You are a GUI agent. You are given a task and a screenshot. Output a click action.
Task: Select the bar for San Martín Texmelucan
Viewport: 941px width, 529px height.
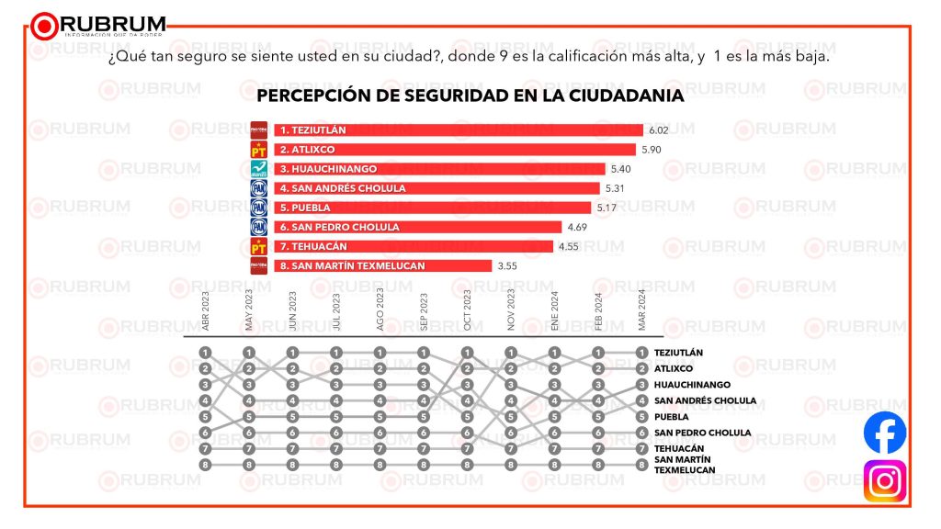tap(382, 265)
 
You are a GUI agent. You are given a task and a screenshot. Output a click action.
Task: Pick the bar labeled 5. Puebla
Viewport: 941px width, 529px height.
tap(432, 208)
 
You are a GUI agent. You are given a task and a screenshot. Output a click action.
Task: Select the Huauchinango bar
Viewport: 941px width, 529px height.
tap(439, 169)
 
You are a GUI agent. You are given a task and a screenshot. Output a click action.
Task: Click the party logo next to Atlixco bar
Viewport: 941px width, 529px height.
tap(259, 150)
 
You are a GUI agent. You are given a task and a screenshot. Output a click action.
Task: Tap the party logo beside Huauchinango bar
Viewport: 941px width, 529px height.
tap(259, 169)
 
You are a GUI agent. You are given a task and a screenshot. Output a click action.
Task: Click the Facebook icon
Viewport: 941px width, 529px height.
tap(885, 433)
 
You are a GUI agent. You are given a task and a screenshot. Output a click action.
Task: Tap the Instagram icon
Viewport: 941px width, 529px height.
tap(885, 481)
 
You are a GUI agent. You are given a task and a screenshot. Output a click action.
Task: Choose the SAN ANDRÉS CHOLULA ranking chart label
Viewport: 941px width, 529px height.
tap(705, 400)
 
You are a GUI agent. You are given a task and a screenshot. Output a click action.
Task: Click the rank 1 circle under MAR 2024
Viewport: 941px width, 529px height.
tap(642, 352)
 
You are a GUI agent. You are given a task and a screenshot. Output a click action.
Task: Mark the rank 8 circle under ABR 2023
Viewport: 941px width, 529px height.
tap(206, 465)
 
